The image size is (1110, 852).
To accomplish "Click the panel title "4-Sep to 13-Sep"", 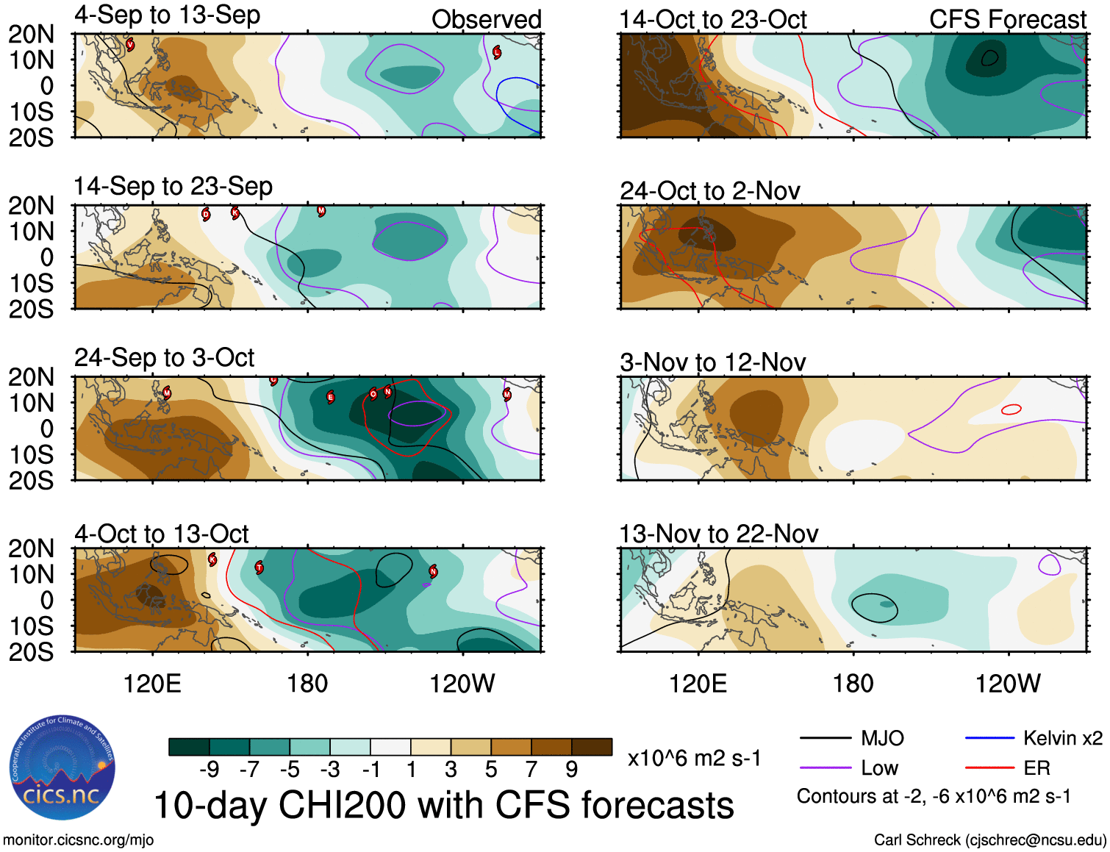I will tap(167, 15).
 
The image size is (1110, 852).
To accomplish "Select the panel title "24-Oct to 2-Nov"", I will tap(709, 191).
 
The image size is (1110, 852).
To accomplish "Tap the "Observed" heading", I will tap(486, 20).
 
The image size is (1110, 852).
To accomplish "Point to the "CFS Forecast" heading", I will tap(1007, 20).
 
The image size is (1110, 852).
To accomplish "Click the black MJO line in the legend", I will tap(825, 738).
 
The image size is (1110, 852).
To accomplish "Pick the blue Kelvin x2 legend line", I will tap(989, 738).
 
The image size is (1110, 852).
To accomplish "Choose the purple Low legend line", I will tap(825, 768).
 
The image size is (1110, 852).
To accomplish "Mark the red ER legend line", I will tap(989, 768).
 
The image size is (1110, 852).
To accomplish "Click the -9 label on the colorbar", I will tap(209, 770).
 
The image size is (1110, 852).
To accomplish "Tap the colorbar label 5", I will tap(490, 770).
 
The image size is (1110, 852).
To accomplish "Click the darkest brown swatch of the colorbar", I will tap(592, 747).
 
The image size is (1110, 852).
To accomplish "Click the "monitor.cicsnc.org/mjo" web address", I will tap(78, 840).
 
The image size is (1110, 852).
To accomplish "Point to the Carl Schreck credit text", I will tap(989, 840).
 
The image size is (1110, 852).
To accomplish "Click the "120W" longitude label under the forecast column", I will tap(1007, 684).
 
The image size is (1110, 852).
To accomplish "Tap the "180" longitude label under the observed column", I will tap(307, 684).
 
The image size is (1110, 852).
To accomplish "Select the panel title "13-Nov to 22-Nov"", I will tap(718, 534).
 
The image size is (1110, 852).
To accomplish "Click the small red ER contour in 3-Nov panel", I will tap(1011, 409).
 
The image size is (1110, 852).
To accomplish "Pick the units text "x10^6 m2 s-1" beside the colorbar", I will tap(694, 759).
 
